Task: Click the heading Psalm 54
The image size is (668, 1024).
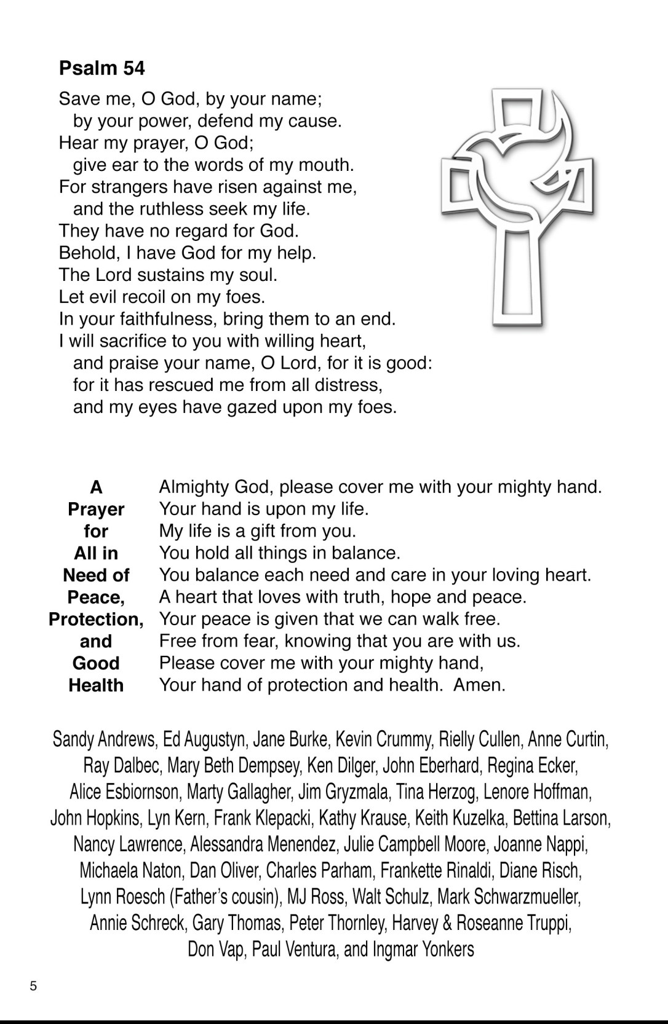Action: tap(101, 68)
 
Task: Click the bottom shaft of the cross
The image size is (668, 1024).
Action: tap(517, 277)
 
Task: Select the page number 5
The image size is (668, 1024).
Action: tap(33, 986)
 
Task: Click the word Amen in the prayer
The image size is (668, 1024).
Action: tap(478, 685)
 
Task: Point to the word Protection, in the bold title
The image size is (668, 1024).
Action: tap(96, 619)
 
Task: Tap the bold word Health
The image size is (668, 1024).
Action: tap(96, 685)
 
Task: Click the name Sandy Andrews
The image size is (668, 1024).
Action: tap(104, 739)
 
